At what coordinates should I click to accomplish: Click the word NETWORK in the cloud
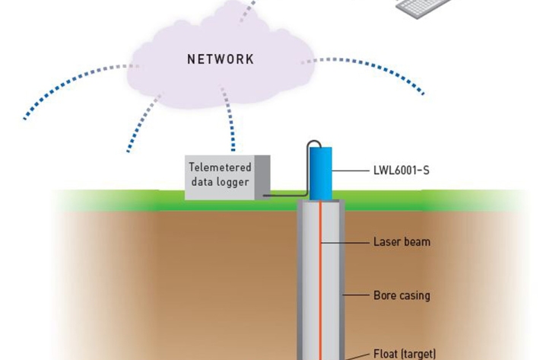point(221,59)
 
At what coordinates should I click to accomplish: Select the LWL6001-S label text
point(401,170)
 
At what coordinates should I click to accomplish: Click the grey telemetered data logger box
point(226,177)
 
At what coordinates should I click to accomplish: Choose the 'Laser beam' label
point(402,242)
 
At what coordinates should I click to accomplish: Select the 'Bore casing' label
point(402,295)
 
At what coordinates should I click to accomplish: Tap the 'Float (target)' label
point(405,354)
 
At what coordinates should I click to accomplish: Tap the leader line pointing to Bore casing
point(356,295)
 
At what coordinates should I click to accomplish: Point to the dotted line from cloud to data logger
point(228,122)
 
